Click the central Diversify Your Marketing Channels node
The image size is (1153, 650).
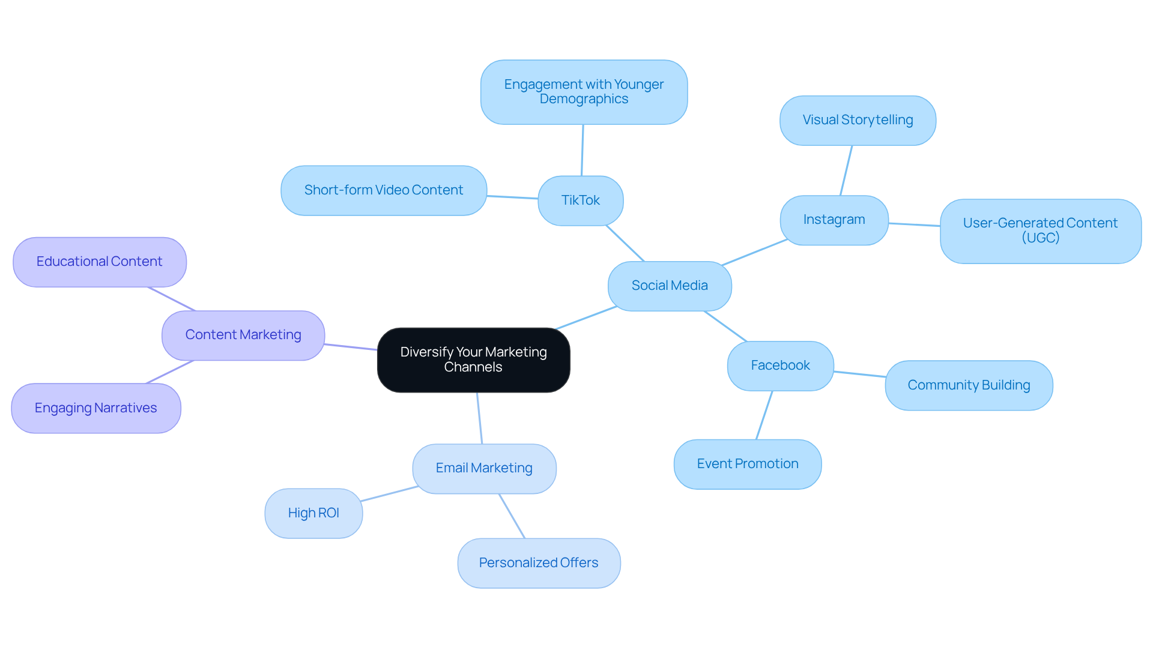tap(473, 360)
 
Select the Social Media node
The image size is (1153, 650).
tap(669, 286)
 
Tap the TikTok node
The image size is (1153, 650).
tap(580, 200)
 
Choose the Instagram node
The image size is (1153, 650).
tap(834, 220)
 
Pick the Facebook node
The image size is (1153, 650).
tap(779, 366)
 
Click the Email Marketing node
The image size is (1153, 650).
tap(483, 468)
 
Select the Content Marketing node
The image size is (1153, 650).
tap(243, 335)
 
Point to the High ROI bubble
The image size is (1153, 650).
tap(313, 513)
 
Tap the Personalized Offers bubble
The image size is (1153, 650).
tap(538, 563)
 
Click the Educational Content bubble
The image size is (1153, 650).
tap(99, 262)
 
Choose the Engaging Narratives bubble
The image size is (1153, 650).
tap(95, 408)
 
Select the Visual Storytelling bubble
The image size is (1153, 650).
tap(857, 120)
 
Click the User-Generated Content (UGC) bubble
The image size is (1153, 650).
tap(1040, 230)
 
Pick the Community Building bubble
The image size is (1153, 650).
tap(968, 385)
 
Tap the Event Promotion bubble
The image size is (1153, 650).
tap(747, 464)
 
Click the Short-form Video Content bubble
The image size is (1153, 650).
tap(383, 190)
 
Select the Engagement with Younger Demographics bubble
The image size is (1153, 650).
tap(583, 92)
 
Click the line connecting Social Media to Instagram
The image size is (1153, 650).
tap(754, 252)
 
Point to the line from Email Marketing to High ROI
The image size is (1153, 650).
tap(389, 493)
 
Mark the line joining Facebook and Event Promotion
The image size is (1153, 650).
tap(764, 415)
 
